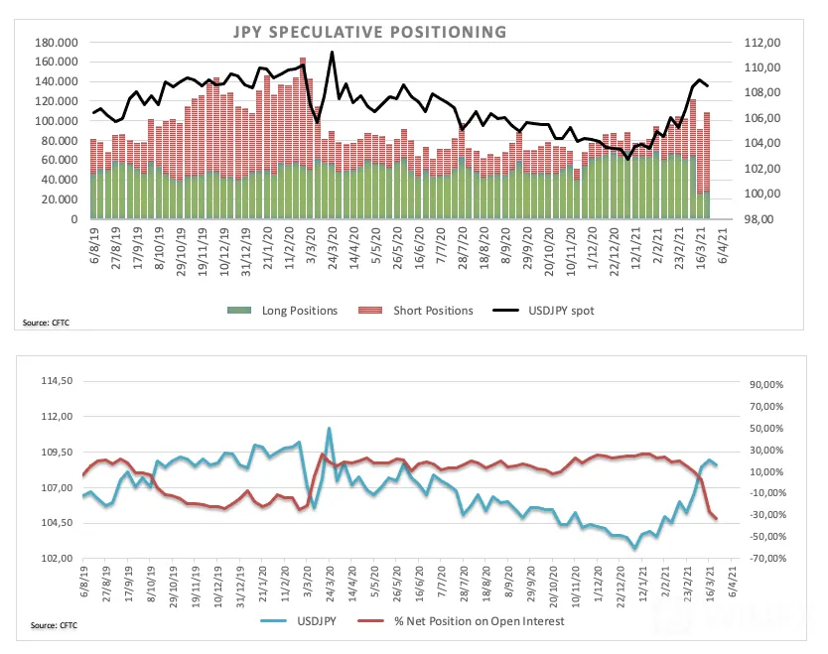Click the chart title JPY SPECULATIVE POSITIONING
(370, 32)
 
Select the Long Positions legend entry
(283, 311)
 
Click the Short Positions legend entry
(416, 311)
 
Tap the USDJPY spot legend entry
(543, 311)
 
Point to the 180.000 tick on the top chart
(56, 43)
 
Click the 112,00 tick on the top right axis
(762, 43)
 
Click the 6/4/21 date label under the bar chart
(723, 244)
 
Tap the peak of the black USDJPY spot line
(332, 52)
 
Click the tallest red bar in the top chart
(303, 111)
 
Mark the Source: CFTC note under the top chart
(46, 323)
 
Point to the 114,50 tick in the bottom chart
(57, 380)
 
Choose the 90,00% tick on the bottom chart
(766, 384)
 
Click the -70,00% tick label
(766, 558)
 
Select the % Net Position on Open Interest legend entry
(461, 621)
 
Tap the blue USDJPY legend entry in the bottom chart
(299, 621)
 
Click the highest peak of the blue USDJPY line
(329, 428)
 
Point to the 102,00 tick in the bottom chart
(57, 558)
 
